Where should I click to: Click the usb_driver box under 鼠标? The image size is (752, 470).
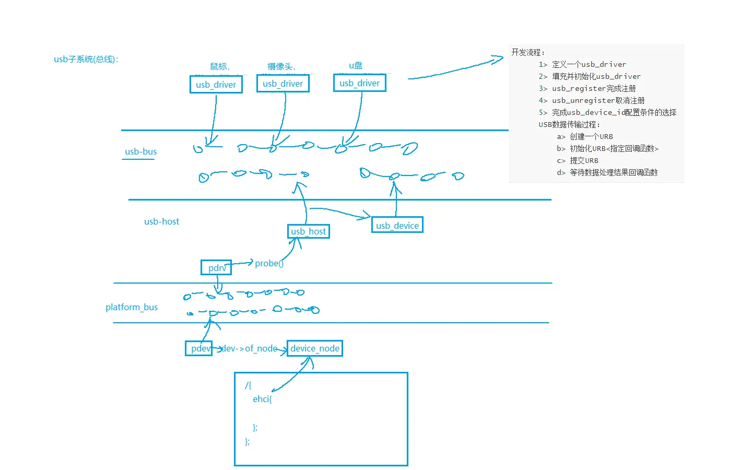tap(216, 85)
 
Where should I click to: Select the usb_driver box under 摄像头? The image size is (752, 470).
tap(283, 84)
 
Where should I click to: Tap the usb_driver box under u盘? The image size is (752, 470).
tap(360, 83)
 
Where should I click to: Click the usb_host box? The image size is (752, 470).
tap(309, 231)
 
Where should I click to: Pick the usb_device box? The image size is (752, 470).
tap(397, 225)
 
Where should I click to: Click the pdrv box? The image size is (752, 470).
tap(216, 268)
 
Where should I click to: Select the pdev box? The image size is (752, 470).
tap(199, 348)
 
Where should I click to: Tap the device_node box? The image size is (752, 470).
tap(315, 348)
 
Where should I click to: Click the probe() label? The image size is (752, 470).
tap(269, 263)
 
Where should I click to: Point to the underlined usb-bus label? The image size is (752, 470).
tap(140, 151)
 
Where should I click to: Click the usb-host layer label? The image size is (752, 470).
tap(161, 221)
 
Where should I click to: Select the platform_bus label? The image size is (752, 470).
tap(132, 307)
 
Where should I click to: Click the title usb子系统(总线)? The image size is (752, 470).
tap(86, 59)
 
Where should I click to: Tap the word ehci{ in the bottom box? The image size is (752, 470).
tap(262, 399)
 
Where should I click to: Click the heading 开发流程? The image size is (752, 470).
tap(528, 52)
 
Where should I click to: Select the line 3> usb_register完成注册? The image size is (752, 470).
tap(587, 88)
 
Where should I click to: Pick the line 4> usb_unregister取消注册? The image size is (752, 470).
tap(592, 100)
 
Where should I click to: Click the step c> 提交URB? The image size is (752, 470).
tap(578, 160)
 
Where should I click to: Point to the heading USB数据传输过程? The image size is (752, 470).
tap(569, 124)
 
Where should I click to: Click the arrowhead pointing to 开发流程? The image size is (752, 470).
tap(499, 60)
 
